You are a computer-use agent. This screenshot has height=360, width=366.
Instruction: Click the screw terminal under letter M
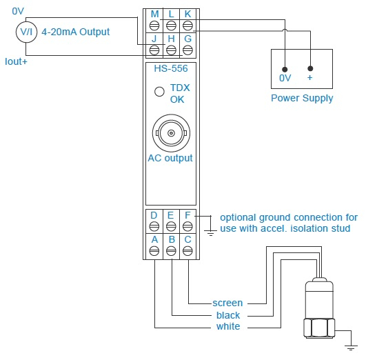pyautogui.click(x=154, y=26)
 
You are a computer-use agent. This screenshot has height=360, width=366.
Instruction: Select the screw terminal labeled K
pyautogui.click(x=187, y=26)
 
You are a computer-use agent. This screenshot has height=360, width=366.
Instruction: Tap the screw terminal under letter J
pyautogui.click(x=154, y=50)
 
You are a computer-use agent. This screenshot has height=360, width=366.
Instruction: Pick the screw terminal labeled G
pyautogui.click(x=187, y=50)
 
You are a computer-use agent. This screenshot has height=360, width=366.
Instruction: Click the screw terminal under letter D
pyautogui.click(x=154, y=226)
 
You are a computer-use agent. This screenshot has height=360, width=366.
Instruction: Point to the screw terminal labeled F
pyautogui.click(x=187, y=226)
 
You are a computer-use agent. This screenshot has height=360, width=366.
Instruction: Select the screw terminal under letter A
pyautogui.click(x=154, y=251)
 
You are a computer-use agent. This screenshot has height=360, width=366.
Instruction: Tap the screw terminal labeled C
pyautogui.click(x=187, y=251)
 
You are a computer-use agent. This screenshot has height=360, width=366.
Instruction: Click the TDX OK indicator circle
pyautogui.click(x=159, y=92)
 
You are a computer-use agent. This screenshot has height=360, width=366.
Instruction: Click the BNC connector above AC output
pyautogui.click(x=171, y=133)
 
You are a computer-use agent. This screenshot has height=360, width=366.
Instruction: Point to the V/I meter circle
pyautogui.click(x=26, y=32)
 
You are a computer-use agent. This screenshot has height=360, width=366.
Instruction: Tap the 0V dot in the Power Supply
pyautogui.click(x=285, y=70)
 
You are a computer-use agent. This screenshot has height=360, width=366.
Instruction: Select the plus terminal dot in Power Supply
pyautogui.click(x=310, y=68)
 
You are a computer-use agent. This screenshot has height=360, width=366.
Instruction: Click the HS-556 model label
pyautogui.click(x=171, y=68)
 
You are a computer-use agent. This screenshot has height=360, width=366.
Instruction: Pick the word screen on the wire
pyautogui.click(x=227, y=303)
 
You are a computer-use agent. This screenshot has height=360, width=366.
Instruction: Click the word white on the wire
pyautogui.click(x=228, y=326)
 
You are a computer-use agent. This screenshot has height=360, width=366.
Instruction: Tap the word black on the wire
pyautogui.click(x=228, y=315)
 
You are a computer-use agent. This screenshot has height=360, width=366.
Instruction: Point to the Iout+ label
pyautogui.click(x=16, y=61)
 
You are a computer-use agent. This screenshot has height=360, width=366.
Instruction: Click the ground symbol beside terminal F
pyautogui.click(x=210, y=233)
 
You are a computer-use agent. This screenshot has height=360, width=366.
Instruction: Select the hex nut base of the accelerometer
pyautogui.click(x=319, y=328)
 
